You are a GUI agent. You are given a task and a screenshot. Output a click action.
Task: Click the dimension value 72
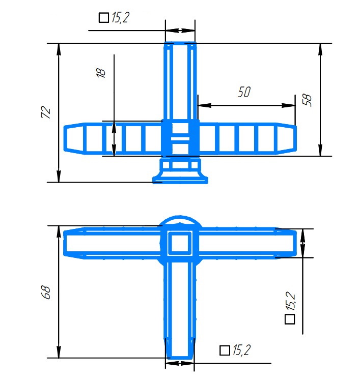tap(46, 112)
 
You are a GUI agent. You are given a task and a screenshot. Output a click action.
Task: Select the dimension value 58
tap(307, 100)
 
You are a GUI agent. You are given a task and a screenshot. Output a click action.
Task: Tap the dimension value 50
tap(244, 92)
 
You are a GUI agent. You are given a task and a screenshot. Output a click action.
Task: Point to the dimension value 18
tap(101, 73)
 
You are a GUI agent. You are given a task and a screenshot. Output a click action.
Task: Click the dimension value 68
tap(46, 293)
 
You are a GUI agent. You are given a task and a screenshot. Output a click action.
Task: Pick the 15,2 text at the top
tap(120, 17)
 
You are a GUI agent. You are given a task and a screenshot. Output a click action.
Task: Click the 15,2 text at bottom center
tap(241, 350)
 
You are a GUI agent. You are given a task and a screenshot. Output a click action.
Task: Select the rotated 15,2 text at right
tap(290, 301)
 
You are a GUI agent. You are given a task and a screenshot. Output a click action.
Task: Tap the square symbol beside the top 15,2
tap(103, 18)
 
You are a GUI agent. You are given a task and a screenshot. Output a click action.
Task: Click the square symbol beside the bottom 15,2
tap(225, 350)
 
